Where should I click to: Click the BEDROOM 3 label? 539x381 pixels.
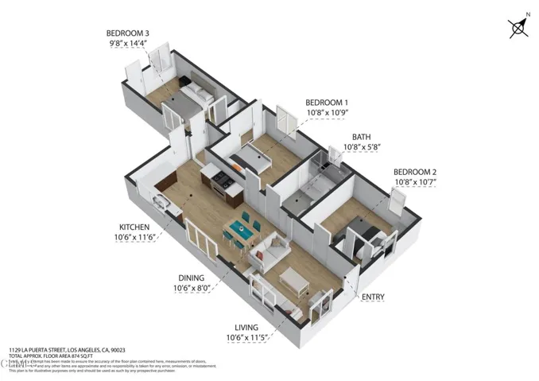coord(128,33)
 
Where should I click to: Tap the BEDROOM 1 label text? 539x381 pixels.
coord(328,103)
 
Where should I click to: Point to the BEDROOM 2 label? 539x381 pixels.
coord(416,172)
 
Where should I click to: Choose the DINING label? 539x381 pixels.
coord(192,278)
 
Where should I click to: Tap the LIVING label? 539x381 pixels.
coord(247,327)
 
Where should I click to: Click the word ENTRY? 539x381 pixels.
coord(373,297)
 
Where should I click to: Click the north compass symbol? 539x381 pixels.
coord(518,29)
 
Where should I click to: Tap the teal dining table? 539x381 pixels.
coord(240,231)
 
